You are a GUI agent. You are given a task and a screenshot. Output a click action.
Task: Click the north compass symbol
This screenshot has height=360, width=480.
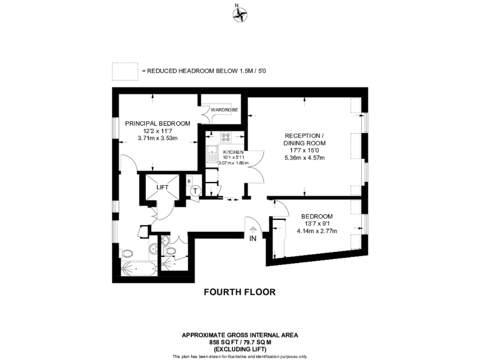(240, 15)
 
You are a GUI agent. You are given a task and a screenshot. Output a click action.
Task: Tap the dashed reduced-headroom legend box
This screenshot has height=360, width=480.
(125, 71)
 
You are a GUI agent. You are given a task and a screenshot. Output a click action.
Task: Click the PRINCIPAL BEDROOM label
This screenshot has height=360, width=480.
(157, 123)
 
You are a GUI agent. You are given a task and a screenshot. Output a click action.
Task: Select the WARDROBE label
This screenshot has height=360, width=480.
(224, 110)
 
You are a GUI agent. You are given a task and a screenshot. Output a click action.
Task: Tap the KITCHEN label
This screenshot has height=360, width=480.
(232, 152)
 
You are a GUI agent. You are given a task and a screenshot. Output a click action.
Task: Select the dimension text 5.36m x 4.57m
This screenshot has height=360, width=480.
(305, 157)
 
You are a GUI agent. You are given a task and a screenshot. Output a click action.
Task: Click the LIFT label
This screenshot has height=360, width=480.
(162, 187)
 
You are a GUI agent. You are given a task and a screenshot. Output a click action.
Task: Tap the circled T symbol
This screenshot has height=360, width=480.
(196, 191)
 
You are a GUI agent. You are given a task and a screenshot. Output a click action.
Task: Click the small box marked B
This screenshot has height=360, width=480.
(189, 181)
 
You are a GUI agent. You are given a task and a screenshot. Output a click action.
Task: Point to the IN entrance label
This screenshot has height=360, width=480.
(253, 239)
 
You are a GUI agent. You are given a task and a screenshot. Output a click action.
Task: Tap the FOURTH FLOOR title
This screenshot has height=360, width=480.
(239, 292)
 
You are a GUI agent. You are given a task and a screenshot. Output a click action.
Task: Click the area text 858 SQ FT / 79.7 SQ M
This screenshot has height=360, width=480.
(240, 343)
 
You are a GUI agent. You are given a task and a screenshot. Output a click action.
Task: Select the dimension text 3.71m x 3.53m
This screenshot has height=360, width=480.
(157, 138)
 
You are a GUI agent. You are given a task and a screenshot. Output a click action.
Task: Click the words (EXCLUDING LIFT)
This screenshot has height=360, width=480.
(240, 350)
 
